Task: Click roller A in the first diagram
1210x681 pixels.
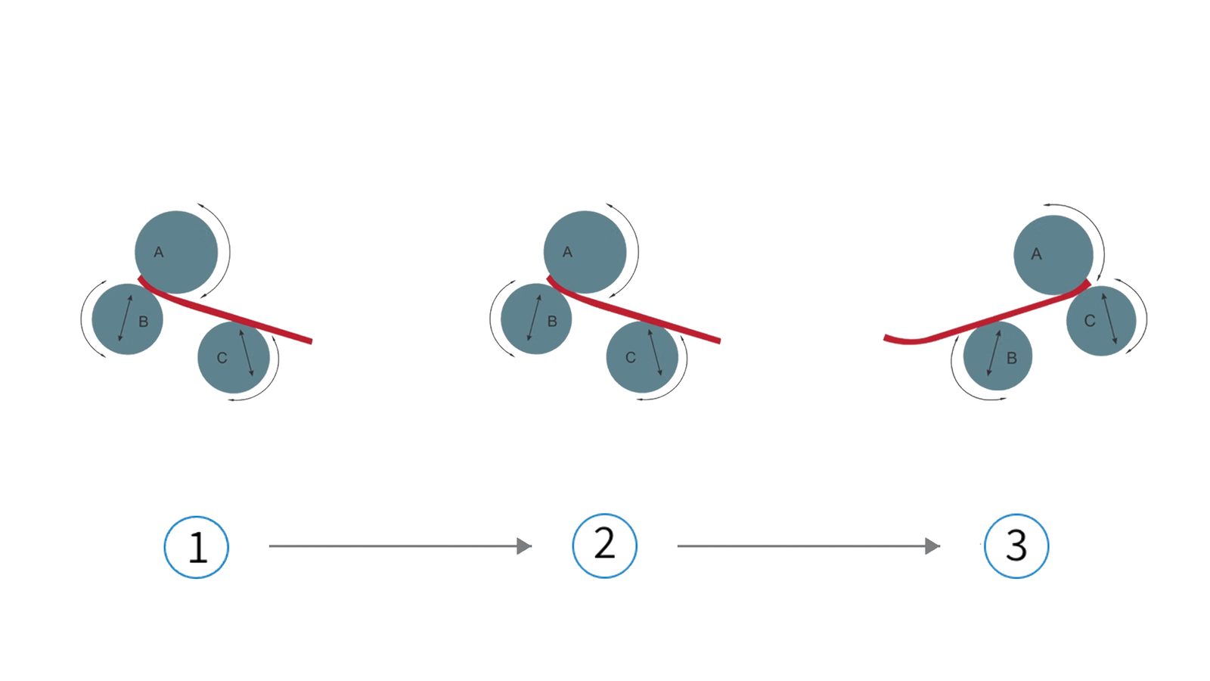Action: point(176,253)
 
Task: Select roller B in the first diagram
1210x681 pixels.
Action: point(128,319)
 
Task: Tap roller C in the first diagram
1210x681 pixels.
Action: point(234,357)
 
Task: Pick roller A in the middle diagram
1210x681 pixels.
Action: point(585,253)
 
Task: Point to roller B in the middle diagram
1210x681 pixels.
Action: point(536,319)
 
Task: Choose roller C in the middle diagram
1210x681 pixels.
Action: point(642,356)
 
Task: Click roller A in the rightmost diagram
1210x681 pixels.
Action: point(1053,255)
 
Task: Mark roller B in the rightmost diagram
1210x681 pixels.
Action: point(997,356)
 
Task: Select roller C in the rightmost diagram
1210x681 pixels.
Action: point(1101,321)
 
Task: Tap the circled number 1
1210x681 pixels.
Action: point(197,547)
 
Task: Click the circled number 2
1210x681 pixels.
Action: point(604,546)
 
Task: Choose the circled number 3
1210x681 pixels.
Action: point(1016,546)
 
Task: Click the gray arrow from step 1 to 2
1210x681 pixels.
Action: point(400,546)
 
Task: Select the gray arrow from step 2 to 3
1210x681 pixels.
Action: point(808,546)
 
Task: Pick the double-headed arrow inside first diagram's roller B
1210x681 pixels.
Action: point(126,319)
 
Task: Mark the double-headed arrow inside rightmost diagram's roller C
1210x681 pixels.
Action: point(1109,319)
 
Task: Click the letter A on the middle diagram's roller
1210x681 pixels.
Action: point(567,252)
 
